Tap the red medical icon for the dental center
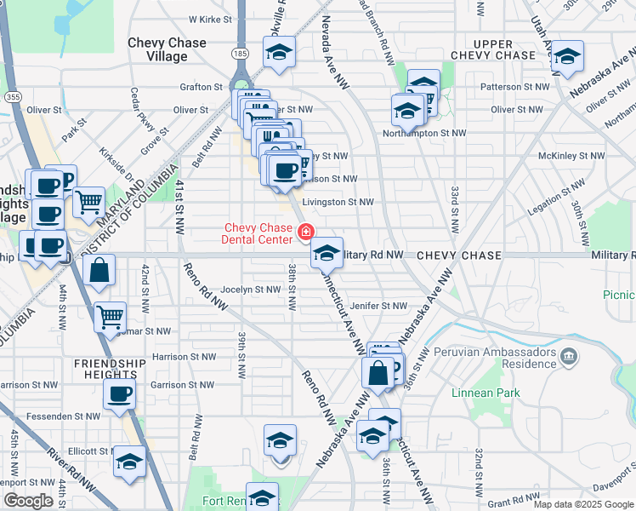tap(304, 231)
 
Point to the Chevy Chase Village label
tap(167, 49)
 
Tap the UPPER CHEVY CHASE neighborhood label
tap(493, 49)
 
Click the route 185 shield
tap(241, 53)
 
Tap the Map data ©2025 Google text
tap(583, 504)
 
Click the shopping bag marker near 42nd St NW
tap(100, 271)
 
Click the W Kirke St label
tap(210, 18)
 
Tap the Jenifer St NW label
tap(378, 306)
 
